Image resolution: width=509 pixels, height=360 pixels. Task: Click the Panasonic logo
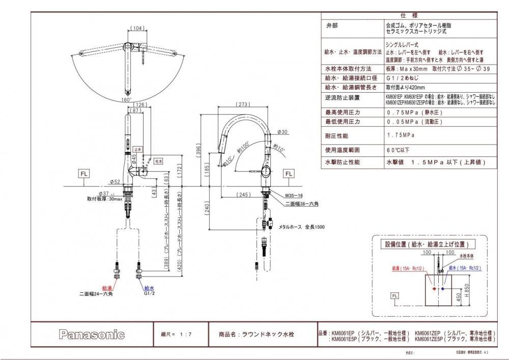click(x=92, y=335)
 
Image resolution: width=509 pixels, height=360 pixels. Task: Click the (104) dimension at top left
click(x=136, y=29)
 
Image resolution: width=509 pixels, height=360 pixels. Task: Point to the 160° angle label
click(x=127, y=100)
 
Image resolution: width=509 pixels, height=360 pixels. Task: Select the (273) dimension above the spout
click(x=242, y=105)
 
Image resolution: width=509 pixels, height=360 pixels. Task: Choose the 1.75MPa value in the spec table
click(x=401, y=135)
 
